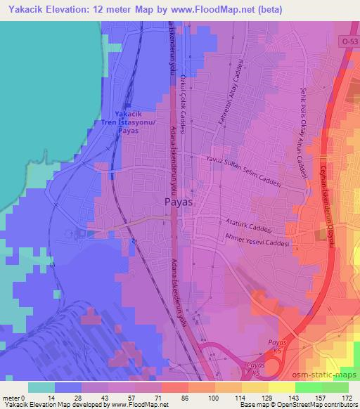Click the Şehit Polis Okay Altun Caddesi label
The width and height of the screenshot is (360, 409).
pyautogui.click(x=304, y=131)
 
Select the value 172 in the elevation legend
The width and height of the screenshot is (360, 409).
pyautogui.click(x=346, y=396)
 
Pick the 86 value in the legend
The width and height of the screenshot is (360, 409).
pyautogui.click(x=186, y=396)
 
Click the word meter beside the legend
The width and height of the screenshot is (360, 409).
pyautogui.click(x=11, y=396)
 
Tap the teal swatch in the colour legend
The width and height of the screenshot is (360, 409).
pyautogui.click(x=41, y=387)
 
